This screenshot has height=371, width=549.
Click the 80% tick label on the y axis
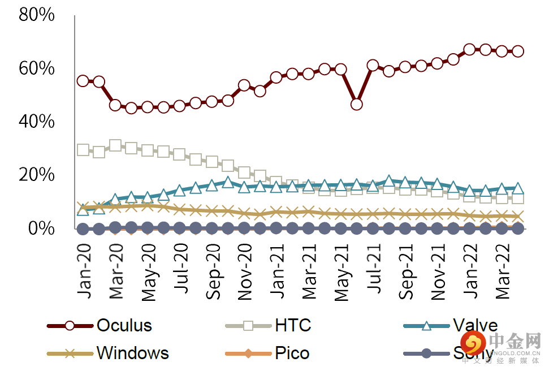[37, 15]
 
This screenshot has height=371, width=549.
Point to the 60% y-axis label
[37, 68]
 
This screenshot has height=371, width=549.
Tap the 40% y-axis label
[37, 122]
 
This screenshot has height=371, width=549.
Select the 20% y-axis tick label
[37, 175]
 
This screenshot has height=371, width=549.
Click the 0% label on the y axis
[42, 228]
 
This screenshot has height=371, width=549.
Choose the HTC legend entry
[292, 325]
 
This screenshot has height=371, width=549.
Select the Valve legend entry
[474, 325]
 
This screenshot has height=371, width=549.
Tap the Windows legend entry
[132, 353]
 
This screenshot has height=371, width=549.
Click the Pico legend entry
[292, 353]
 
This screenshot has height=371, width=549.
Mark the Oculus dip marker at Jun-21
[357, 104]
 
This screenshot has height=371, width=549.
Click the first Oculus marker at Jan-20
[83, 81]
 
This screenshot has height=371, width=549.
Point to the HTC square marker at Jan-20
[83, 150]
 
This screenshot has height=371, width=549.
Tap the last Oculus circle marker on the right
[517, 51]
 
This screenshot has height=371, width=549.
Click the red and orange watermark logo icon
[473, 343]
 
